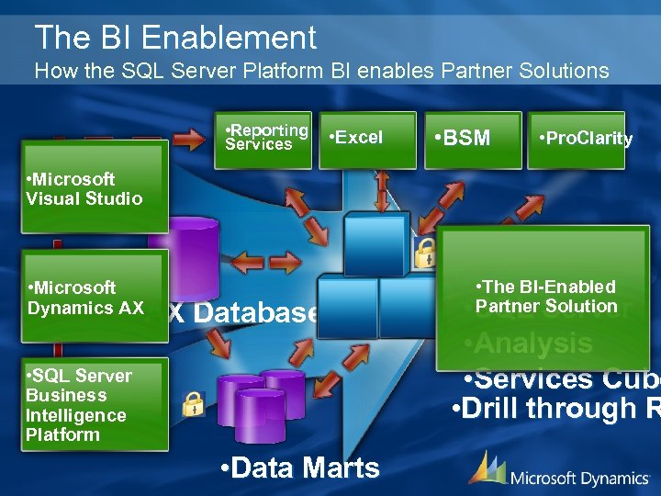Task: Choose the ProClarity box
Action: [577, 140]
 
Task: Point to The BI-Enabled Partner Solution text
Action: [546, 297]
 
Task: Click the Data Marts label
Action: [300, 468]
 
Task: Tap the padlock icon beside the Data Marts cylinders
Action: [194, 402]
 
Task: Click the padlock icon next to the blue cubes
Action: [426, 253]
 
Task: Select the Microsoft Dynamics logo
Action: [559, 470]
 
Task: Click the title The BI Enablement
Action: [175, 38]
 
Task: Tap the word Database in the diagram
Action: [256, 312]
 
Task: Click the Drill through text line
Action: [556, 409]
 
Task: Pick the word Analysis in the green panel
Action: [529, 344]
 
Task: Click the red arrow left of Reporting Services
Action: [189, 140]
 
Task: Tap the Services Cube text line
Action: [561, 378]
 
